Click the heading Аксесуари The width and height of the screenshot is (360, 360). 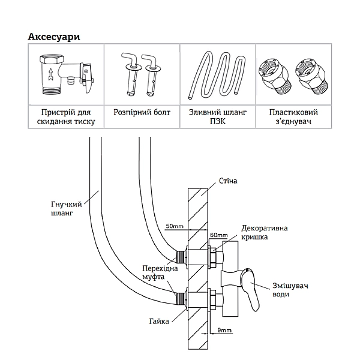[x=54, y=36]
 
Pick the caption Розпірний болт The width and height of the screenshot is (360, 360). [x=142, y=112]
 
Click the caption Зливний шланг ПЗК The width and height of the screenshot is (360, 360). [x=217, y=117]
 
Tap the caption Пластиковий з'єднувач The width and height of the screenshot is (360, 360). [x=293, y=117]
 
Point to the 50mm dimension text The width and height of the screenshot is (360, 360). [x=175, y=226]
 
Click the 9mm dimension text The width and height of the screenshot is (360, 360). [x=225, y=330]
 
